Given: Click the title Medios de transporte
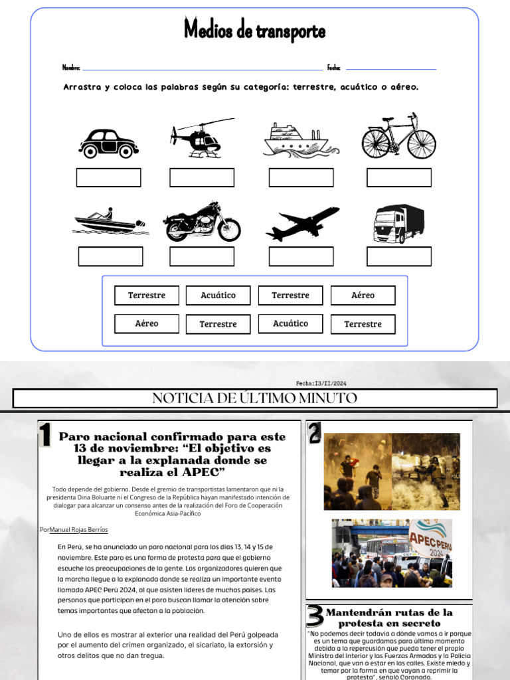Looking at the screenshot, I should [x=254, y=31].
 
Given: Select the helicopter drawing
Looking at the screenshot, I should [x=199, y=138].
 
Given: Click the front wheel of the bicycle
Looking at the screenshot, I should [x=421, y=144].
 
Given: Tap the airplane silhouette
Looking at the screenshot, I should [x=302, y=224].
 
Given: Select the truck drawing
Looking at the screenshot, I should [x=398, y=223].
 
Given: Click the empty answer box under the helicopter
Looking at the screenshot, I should [x=202, y=178].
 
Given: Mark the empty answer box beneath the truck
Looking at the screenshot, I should [x=398, y=256].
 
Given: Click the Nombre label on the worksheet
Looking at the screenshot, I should [x=71, y=68].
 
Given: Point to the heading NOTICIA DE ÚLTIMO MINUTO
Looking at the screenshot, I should [x=254, y=398].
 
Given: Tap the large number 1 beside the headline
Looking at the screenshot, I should [x=44, y=436].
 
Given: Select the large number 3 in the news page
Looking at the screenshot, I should [x=315, y=616].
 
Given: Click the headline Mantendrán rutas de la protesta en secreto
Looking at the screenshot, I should [x=388, y=618].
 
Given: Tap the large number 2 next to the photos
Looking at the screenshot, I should [x=314, y=434].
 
